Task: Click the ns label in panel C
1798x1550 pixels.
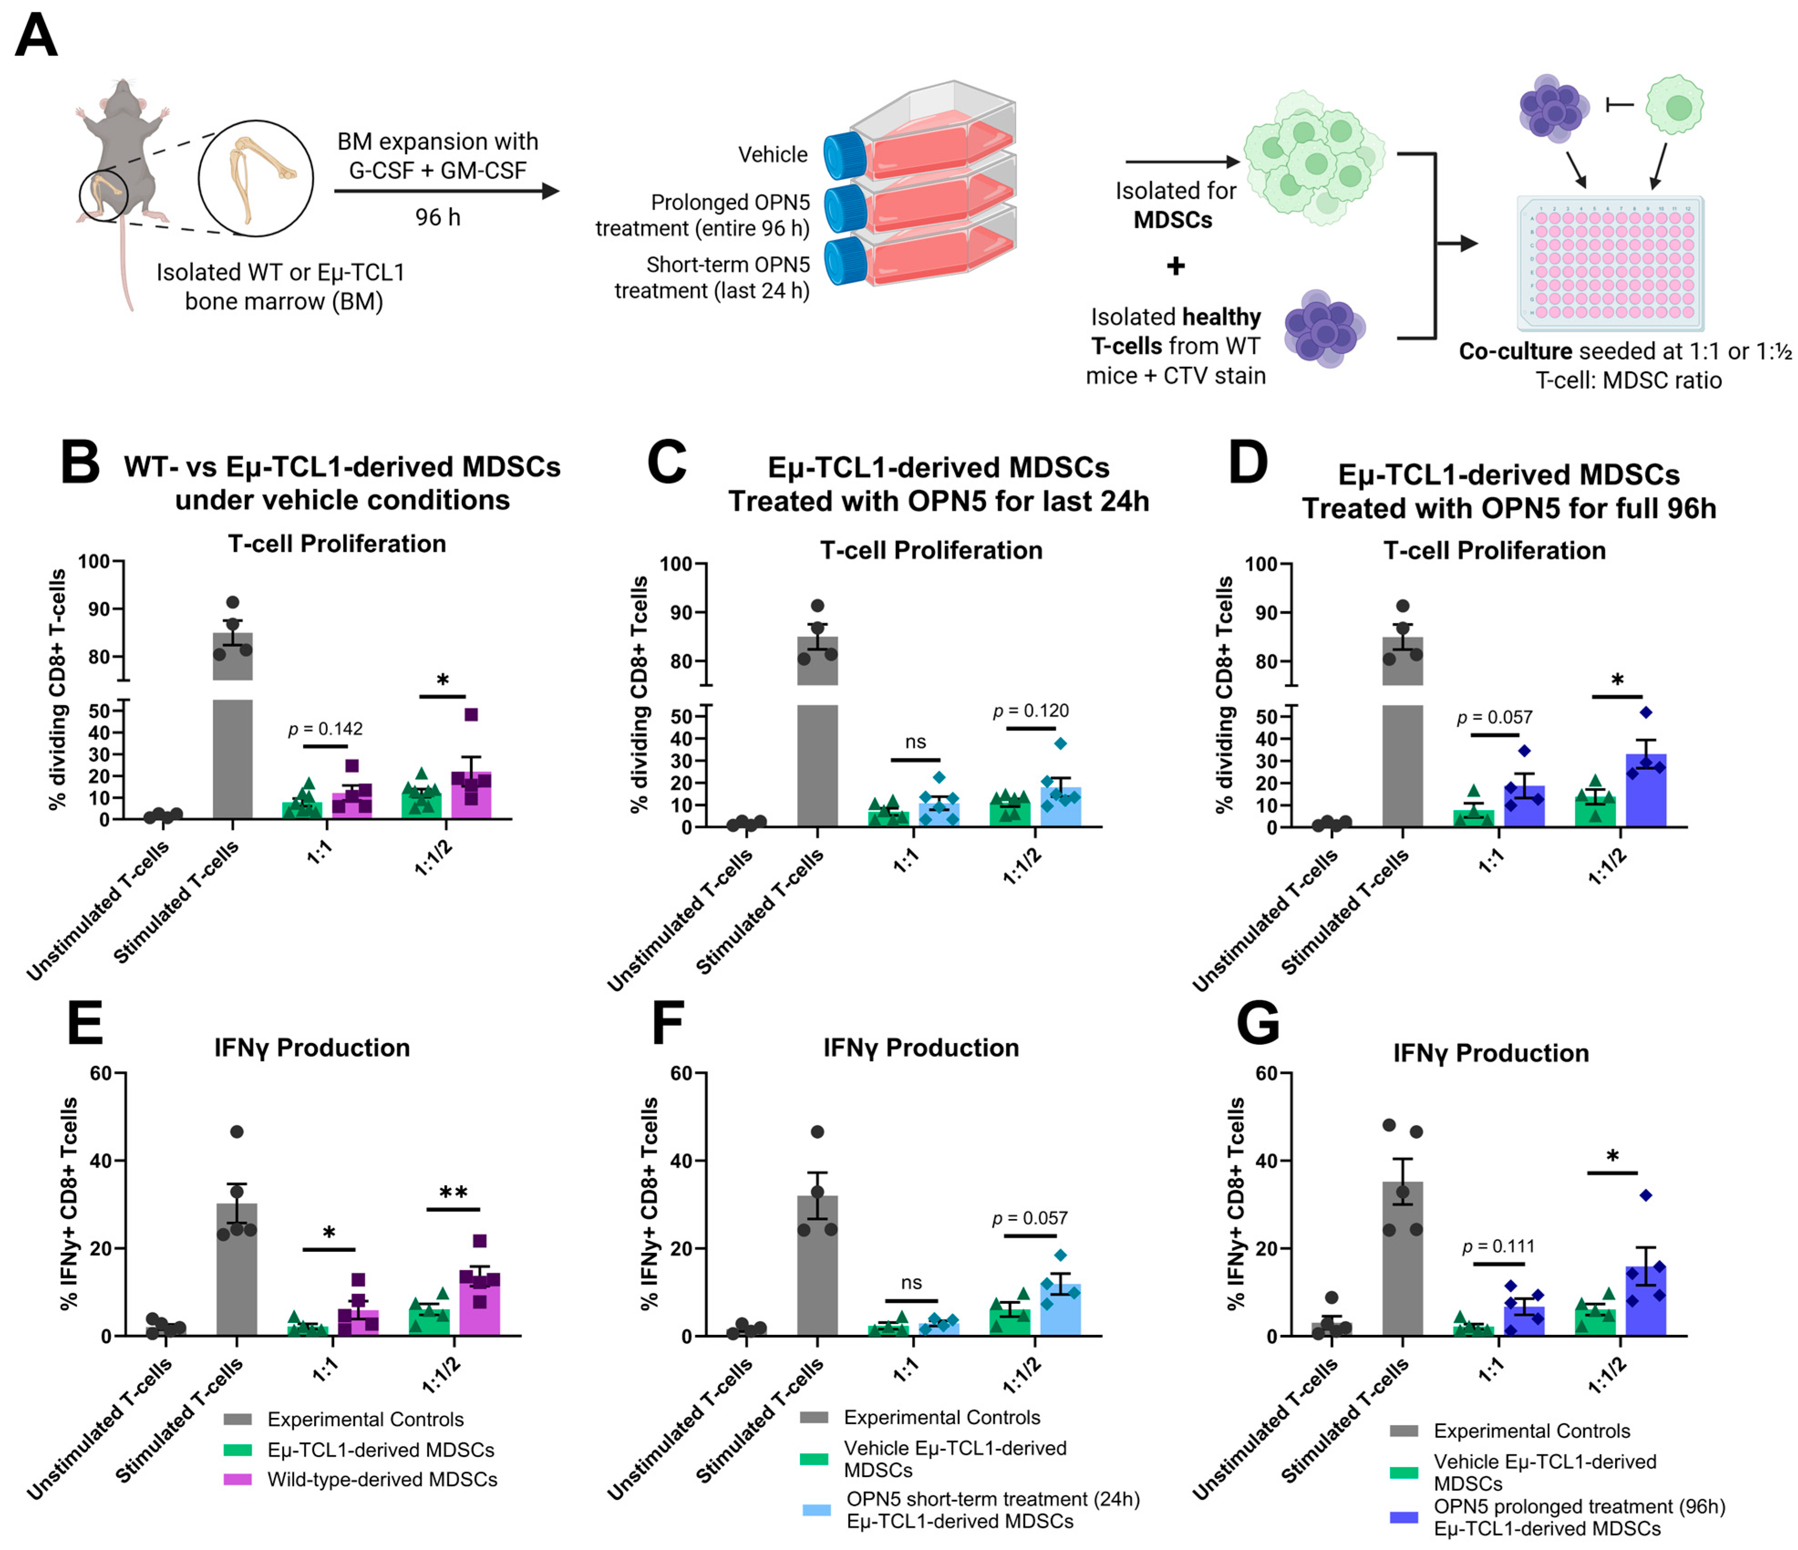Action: pos(916,742)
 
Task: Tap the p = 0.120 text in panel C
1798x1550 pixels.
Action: pos(1031,711)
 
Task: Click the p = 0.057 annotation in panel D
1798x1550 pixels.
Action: pos(1494,717)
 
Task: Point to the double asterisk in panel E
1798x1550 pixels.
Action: pos(453,1193)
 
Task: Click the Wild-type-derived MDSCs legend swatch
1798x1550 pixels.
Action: pos(237,1479)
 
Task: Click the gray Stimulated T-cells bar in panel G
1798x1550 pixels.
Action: pos(1402,1258)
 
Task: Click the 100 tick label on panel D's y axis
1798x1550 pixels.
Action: pos(1261,564)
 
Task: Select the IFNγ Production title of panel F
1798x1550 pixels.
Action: pos(921,1048)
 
